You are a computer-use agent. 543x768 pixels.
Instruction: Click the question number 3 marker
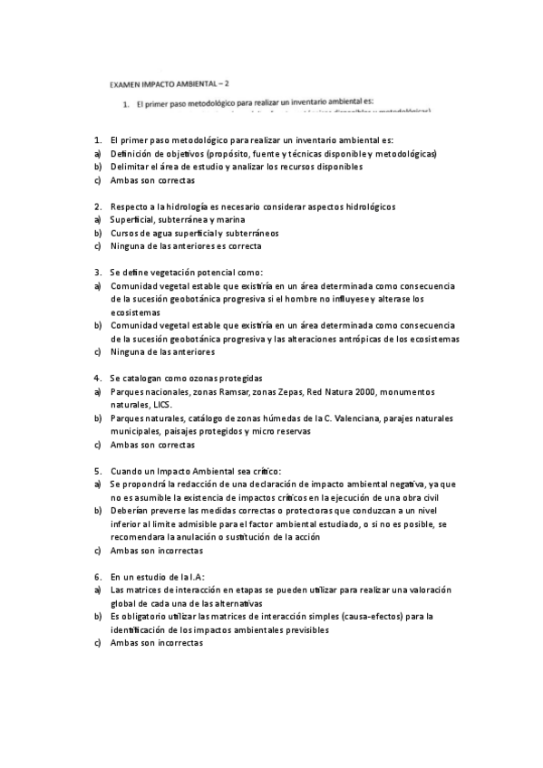pos(97,272)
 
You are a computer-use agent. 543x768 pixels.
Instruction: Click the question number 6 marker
pos(97,576)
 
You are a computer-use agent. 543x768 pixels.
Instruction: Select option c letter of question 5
pos(97,550)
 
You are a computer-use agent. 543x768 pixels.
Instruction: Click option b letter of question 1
pos(97,167)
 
